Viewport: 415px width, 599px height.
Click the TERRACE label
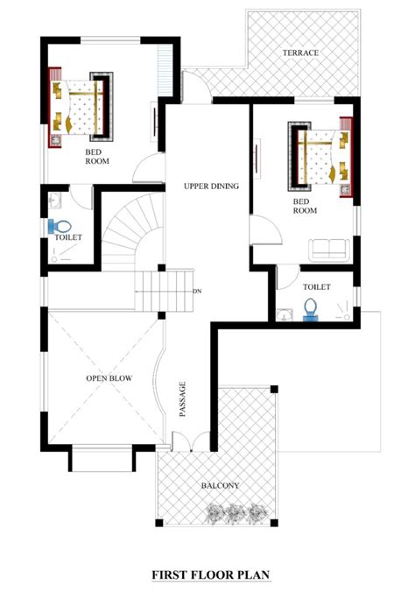[x=299, y=53]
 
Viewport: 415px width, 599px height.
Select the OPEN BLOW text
[x=109, y=378]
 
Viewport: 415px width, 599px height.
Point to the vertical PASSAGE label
[x=183, y=399]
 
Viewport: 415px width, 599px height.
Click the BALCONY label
[x=219, y=485]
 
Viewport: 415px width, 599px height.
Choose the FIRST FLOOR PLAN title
[x=207, y=576]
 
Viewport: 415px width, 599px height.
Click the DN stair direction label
[x=198, y=292]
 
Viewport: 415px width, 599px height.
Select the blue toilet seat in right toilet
[x=309, y=309]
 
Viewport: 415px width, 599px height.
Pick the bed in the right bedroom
[x=317, y=158]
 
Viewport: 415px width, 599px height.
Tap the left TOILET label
[x=67, y=237]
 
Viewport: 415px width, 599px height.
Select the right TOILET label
[x=316, y=287]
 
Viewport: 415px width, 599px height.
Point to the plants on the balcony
[x=232, y=512]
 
